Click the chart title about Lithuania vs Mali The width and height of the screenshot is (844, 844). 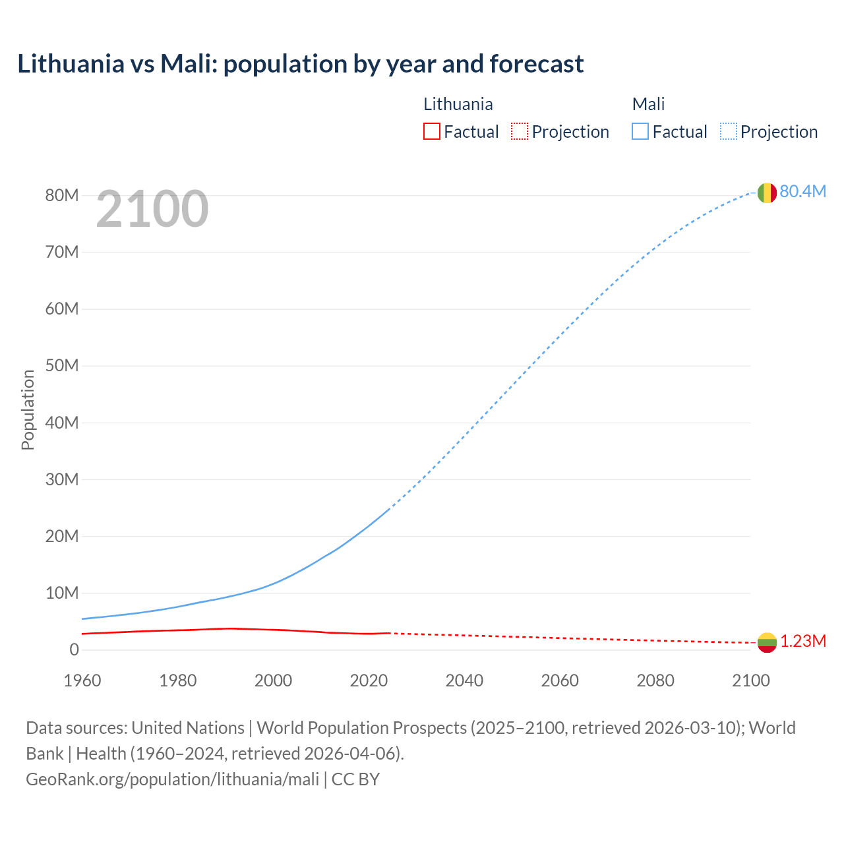(300, 64)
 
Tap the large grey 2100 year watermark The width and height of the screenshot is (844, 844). (152, 209)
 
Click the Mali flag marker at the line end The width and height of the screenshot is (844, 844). (766, 193)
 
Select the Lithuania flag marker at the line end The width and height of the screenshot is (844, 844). (766, 642)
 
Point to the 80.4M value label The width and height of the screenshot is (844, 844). (802, 191)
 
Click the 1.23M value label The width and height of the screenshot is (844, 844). (803, 641)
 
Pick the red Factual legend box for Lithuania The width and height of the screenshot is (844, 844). (431, 131)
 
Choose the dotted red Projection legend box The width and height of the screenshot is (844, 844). (520, 131)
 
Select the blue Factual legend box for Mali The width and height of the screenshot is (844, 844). (640, 131)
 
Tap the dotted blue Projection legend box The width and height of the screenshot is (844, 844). (728, 131)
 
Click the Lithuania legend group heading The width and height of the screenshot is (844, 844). (458, 104)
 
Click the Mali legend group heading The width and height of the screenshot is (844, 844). (648, 104)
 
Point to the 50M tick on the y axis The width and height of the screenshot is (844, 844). (62, 365)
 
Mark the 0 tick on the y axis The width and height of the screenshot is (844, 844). (74, 649)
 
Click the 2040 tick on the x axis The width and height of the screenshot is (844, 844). (464, 680)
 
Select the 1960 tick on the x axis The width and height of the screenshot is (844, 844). (82, 680)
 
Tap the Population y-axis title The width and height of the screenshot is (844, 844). (28, 409)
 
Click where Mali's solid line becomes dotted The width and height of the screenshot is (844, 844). (390, 508)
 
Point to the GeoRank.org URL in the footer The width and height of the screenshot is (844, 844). (172, 779)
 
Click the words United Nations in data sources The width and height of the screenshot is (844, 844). (188, 728)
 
